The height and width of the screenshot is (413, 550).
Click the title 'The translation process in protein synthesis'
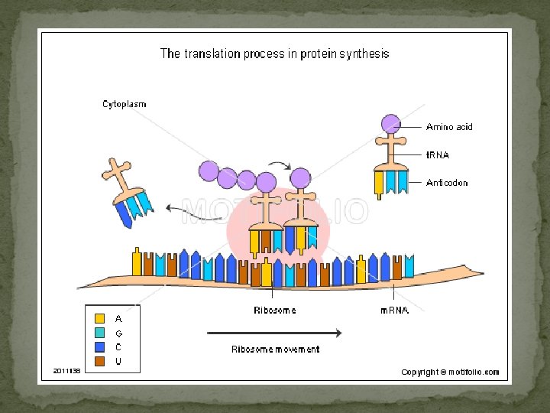(x=274, y=54)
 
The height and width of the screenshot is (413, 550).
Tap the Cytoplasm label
(x=125, y=104)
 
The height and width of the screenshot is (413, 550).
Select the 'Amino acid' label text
(x=449, y=127)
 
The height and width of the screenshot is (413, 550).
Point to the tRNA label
(x=438, y=154)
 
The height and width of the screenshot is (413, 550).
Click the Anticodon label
(x=447, y=183)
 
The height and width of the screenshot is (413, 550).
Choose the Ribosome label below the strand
(x=274, y=311)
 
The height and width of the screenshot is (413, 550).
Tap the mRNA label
(x=394, y=311)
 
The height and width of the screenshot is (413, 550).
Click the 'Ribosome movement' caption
(x=275, y=349)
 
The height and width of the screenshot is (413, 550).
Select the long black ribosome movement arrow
(x=274, y=333)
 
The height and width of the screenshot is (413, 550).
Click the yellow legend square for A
(x=99, y=318)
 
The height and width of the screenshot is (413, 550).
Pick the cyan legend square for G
(x=99, y=333)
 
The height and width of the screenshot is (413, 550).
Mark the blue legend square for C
(x=99, y=346)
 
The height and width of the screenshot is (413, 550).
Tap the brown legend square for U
(x=99, y=360)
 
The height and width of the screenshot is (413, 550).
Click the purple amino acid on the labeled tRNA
(x=390, y=123)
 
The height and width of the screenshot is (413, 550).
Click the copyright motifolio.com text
(x=450, y=372)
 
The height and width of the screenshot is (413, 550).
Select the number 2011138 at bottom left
(x=66, y=371)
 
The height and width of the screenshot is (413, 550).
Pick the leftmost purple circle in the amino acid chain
(x=209, y=170)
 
